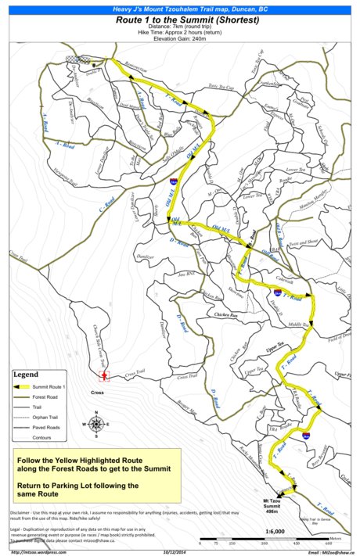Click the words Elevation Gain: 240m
click(179, 38)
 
